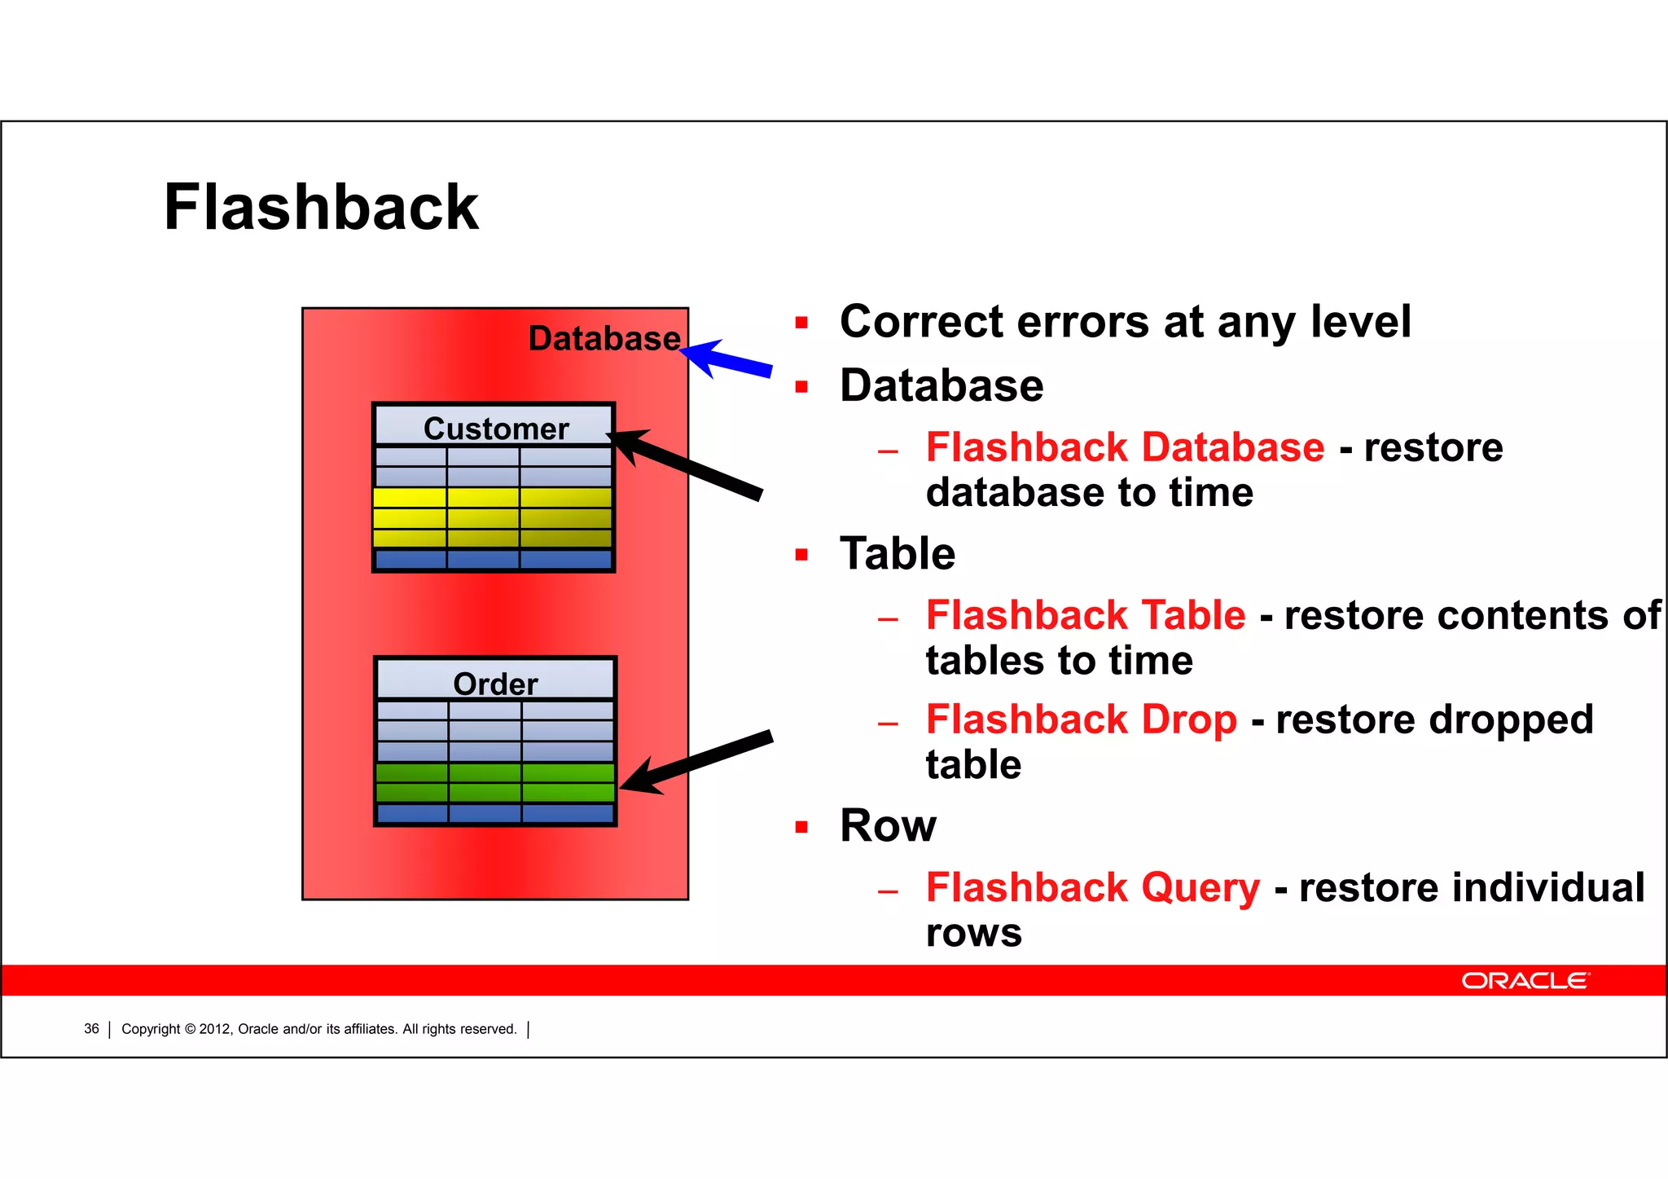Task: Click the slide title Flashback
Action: click(321, 207)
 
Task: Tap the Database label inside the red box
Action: click(604, 338)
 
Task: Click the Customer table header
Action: click(495, 428)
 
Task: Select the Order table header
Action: click(495, 683)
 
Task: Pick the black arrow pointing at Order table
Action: click(696, 763)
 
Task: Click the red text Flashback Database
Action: click(1125, 447)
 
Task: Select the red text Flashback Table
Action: click(1085, 615)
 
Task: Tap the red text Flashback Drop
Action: click(1081, 719)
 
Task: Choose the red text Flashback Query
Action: click(1092, 887)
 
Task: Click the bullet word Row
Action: click(888, 825)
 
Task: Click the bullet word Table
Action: click(897, 554)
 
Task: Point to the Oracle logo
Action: click(1524, 980)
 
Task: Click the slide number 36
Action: click(91, 1029)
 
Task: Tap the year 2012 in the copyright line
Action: click(215, 1029)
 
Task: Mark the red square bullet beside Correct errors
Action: click(801, 323)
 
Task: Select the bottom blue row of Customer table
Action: click(493, 559)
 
